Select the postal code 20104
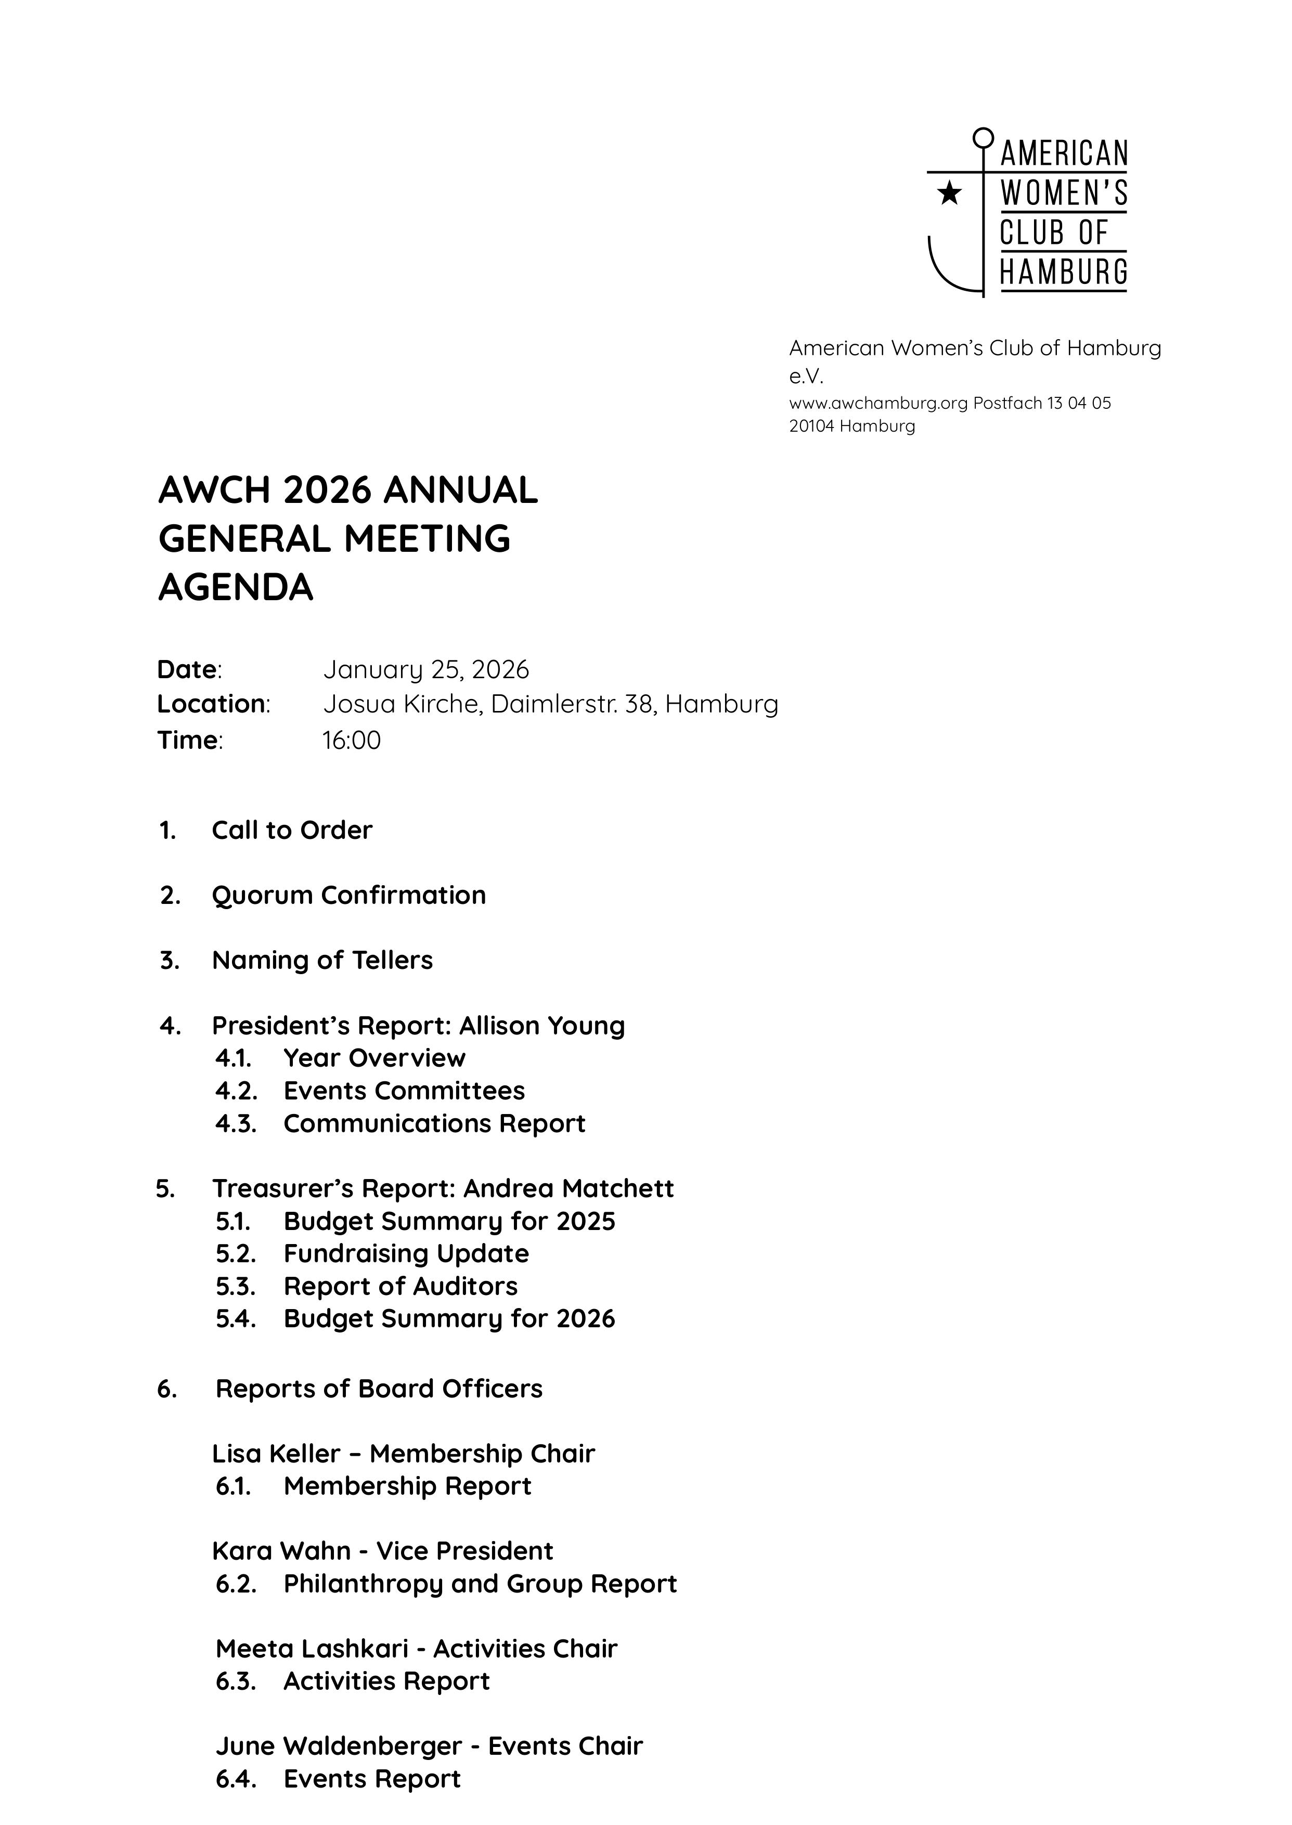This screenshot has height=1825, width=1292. coord(811,426)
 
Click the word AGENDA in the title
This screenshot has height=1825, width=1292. coord(236,588)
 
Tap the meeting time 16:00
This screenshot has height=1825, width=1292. coord(351,741)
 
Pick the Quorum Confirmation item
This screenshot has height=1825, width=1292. coord(348,896)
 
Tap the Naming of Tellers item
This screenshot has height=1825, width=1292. coord(322,960)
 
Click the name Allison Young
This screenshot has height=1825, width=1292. coord(542,1026)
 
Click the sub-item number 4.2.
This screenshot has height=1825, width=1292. coord(236,1091)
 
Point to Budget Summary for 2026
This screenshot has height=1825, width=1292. coord(449,1319)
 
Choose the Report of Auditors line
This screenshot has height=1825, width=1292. coord(400,1286)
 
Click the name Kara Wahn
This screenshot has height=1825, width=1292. coord(281,1551)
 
